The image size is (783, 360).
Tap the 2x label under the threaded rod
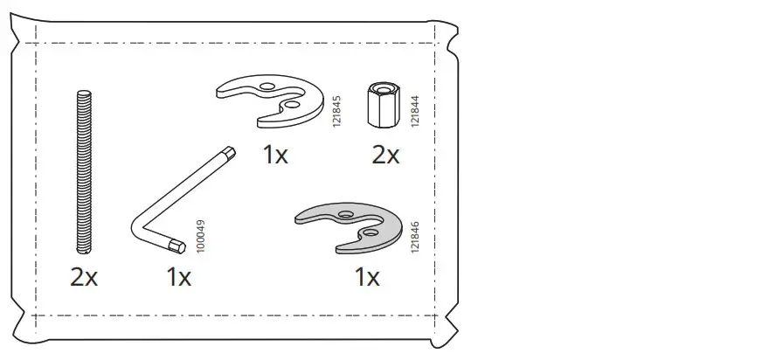pos(84,278)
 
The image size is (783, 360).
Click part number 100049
pos(201,237)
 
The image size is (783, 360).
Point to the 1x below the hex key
pos(178,278)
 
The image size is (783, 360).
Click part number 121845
pos(336,113)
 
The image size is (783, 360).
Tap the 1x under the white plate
pos(275,156)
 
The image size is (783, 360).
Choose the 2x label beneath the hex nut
pos(385,156)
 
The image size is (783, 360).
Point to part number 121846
pos(414,237)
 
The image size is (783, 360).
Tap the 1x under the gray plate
pos(367,278)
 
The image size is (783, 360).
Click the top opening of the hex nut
pos(383,87)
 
